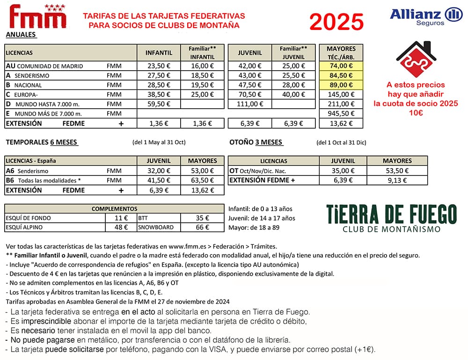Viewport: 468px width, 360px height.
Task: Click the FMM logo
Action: pyautogui.click(x=38, y=17)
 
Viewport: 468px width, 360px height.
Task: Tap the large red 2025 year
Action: pyautogui.click(x=336, y=22)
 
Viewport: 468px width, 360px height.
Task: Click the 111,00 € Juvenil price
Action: pyautogui.click(x=249, y=104)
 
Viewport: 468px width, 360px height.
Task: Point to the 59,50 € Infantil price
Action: pyautogui.click(x=159, y=104)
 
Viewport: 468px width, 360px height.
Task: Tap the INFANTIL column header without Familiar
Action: pyautogui.click(x=159, y=52)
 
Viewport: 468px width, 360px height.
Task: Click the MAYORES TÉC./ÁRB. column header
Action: pyautogui.click(x=341, y=52)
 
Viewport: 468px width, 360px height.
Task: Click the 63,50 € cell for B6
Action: pyautogui.click(x=202, y=180)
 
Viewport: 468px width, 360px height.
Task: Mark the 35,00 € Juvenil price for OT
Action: pyautogui.click(x=343, y=171)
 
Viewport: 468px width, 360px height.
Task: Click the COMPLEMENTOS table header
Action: pyautogui.click(x=114, y=209)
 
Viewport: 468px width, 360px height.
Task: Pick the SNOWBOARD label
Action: pyautogui.click(x=156, y=227)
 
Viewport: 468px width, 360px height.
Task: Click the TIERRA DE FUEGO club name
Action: pyautogui.click(x=391, y=214)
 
